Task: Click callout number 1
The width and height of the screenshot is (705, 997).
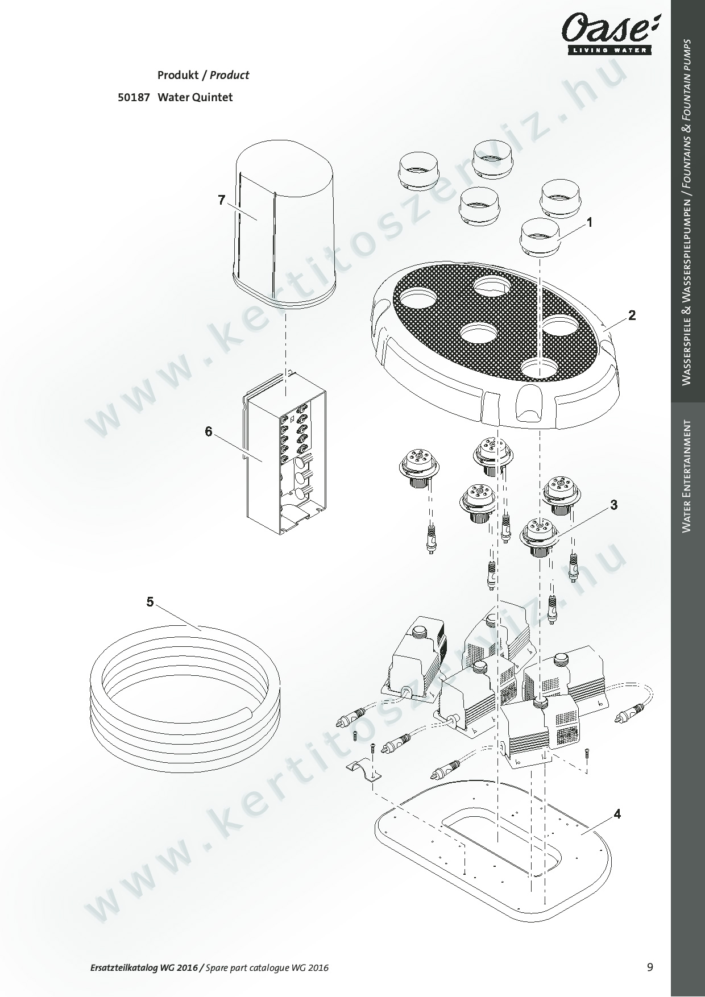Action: tap(590, 223)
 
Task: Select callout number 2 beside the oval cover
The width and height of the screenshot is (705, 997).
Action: tap(632, 315)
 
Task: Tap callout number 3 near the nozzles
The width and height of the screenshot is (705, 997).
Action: tap(614, 505)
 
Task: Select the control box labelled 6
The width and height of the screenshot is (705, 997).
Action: tap(284, 455)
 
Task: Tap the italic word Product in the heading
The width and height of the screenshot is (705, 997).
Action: tap(230, 75)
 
